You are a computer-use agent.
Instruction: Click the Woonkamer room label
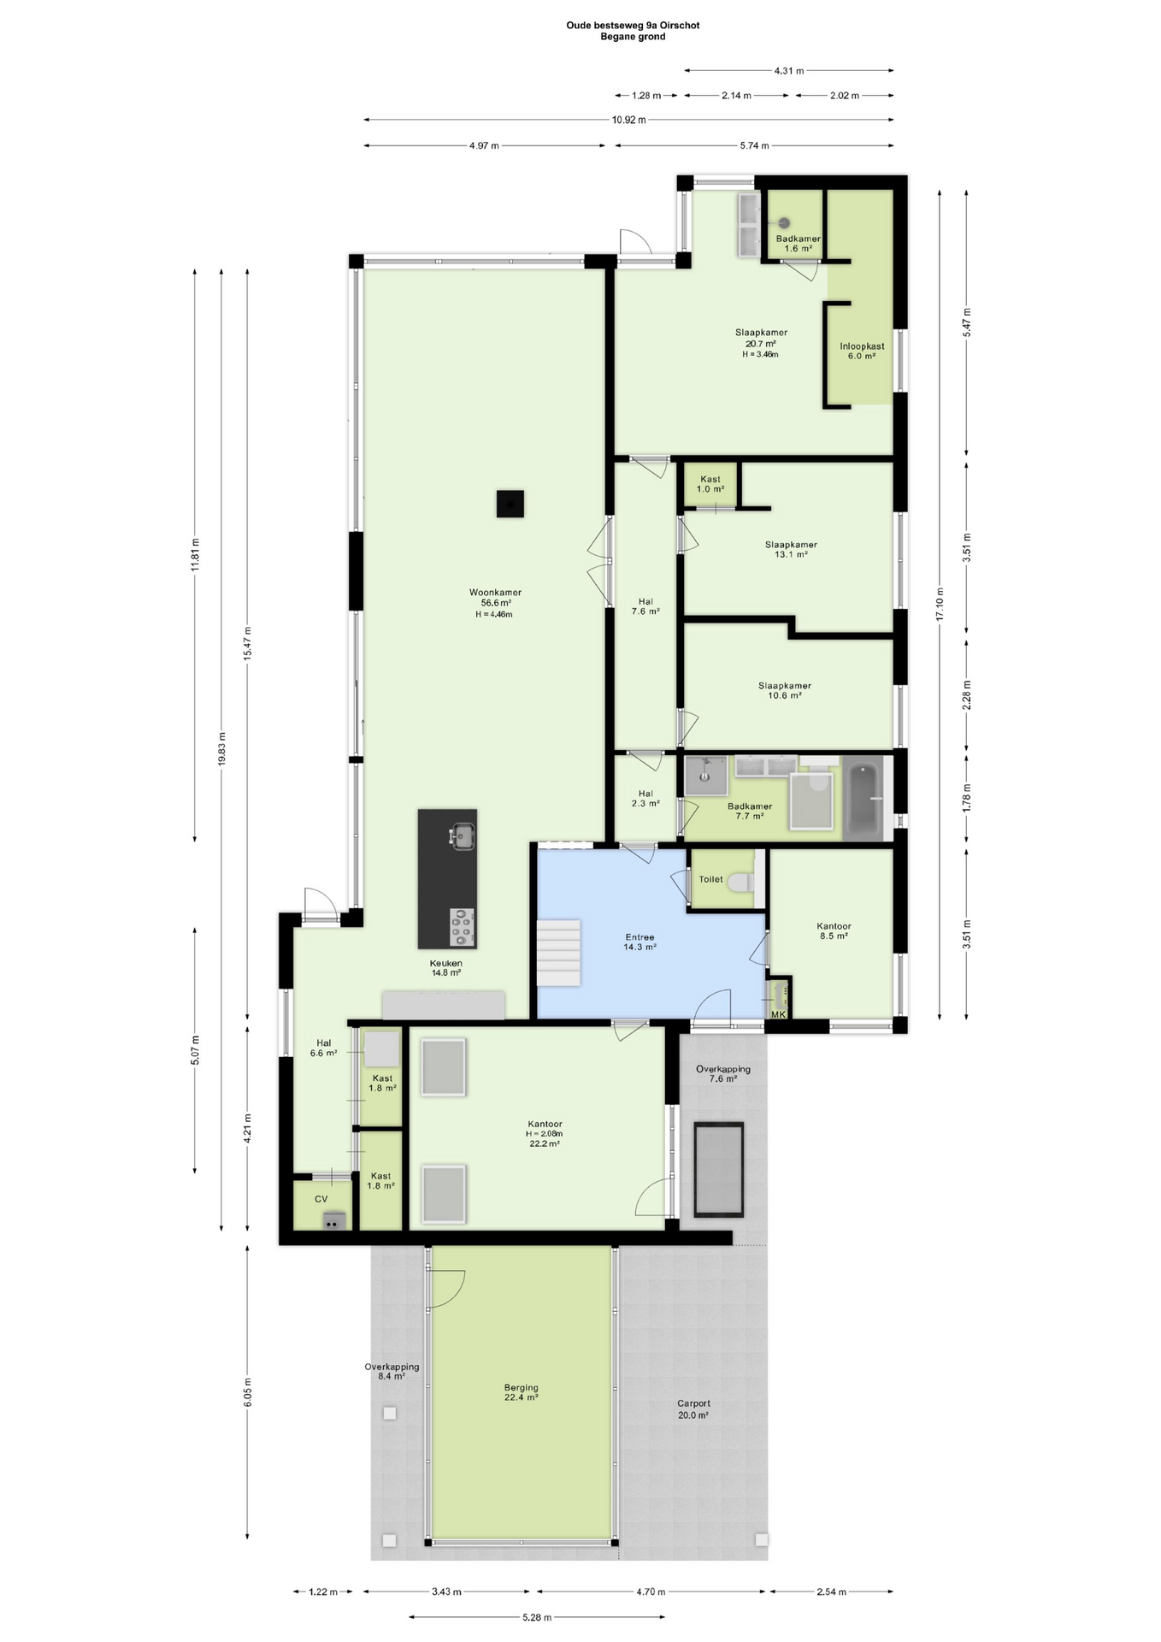point(495,592)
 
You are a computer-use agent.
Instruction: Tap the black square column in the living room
point(510,504)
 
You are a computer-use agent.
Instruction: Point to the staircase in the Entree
point(559,953)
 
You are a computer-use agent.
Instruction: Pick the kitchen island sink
point(463,836)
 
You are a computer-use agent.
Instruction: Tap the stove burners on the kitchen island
point(463,928)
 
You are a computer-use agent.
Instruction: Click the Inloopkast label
point(862,346)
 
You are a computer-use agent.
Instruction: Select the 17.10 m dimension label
point(940,604)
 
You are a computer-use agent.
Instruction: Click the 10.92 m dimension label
point(629,120)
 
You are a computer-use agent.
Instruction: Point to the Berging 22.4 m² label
point(522,1392)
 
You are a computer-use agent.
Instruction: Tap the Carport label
point(693,1403)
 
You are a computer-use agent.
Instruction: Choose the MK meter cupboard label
point(778,1014)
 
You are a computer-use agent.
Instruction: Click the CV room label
point(321,1199)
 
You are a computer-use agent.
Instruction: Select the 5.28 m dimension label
point(537,1617)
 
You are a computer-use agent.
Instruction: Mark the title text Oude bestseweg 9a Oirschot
point(633,26)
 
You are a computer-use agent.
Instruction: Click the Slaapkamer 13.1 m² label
point(791,549)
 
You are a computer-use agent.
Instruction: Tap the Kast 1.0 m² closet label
point(710,484)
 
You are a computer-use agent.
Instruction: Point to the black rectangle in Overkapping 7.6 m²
point(719,1169)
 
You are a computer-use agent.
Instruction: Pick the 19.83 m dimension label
point(222,750)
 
